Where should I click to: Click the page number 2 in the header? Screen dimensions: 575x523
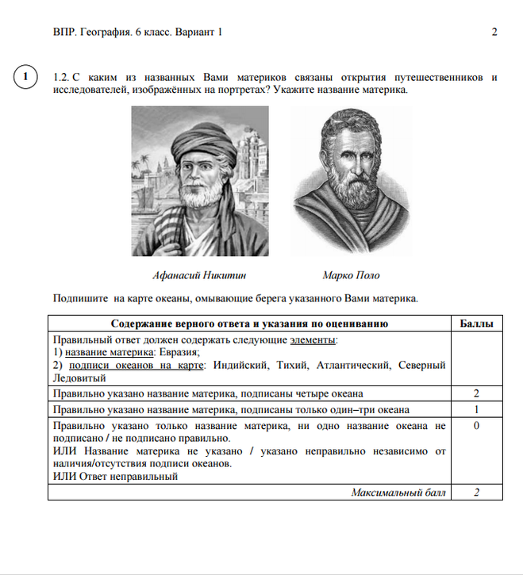point(494,33)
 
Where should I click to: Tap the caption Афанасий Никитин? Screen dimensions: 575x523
point(200,276)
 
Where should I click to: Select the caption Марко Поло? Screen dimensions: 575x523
point(351,276)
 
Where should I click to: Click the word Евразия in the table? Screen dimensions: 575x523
point(179,352)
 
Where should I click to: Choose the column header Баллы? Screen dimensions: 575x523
point(477,324)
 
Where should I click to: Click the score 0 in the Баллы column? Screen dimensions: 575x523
point(477,426)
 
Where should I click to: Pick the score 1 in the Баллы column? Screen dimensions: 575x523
point(477,409)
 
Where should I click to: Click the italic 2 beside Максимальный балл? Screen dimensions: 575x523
point(477,493)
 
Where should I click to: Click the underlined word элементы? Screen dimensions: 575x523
point(313,339)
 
